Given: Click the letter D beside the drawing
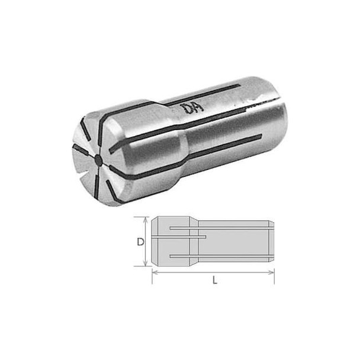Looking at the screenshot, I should point(140,242).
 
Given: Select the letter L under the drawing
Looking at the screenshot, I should point(214,281).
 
